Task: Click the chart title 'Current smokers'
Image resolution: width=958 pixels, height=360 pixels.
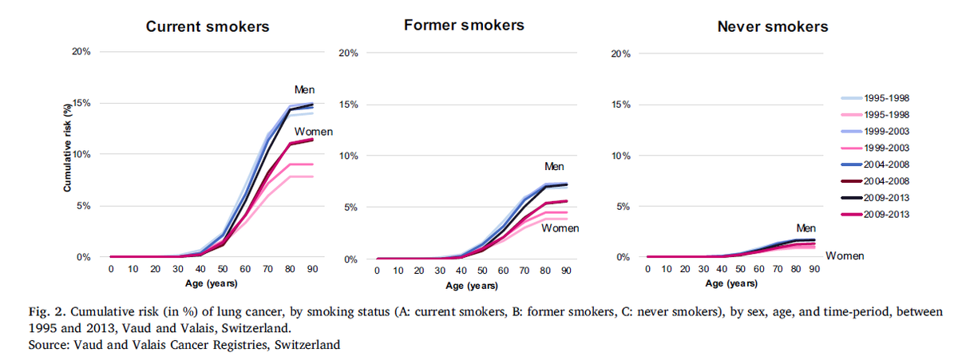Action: tap(207, 26)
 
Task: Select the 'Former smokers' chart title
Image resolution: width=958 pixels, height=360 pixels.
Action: tap(464, 25)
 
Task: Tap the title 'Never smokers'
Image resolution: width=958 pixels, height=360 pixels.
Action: tap(772, 26)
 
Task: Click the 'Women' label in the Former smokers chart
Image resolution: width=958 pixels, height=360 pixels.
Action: tap(560, 228)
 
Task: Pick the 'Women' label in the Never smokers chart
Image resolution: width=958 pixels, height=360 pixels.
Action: tap(845, 255)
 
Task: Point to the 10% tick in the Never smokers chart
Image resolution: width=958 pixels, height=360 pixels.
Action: tap(620, 155)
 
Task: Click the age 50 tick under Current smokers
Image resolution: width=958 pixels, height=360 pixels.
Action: tap(201, 270)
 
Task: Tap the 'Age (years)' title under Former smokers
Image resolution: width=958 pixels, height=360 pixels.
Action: tap(470, 286)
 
